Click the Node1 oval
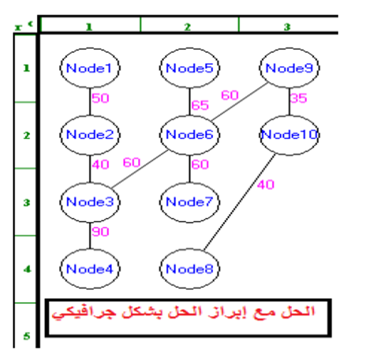click(x=90, y=68)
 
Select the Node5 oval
click(x=189, y=68)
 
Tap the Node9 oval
click(x=289, y=68)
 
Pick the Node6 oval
click(x=189, y=134)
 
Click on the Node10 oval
click(x=289, y=134)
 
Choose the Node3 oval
click(x=90, y=202)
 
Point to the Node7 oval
click(x=189, y=202)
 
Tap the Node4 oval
click(x=90, y=268)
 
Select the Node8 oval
click(x=189, y=268)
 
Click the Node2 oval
click(x=90, y=134)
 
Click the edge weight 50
click(x=101, y=98)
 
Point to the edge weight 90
click(x=101, y=231)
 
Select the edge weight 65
click(x=200, y=105)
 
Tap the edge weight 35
click(x=299, y=98)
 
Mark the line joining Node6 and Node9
click(x=238, y=102)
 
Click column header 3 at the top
click(x=287, y=26)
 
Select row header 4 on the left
click(x=26, y=269)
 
